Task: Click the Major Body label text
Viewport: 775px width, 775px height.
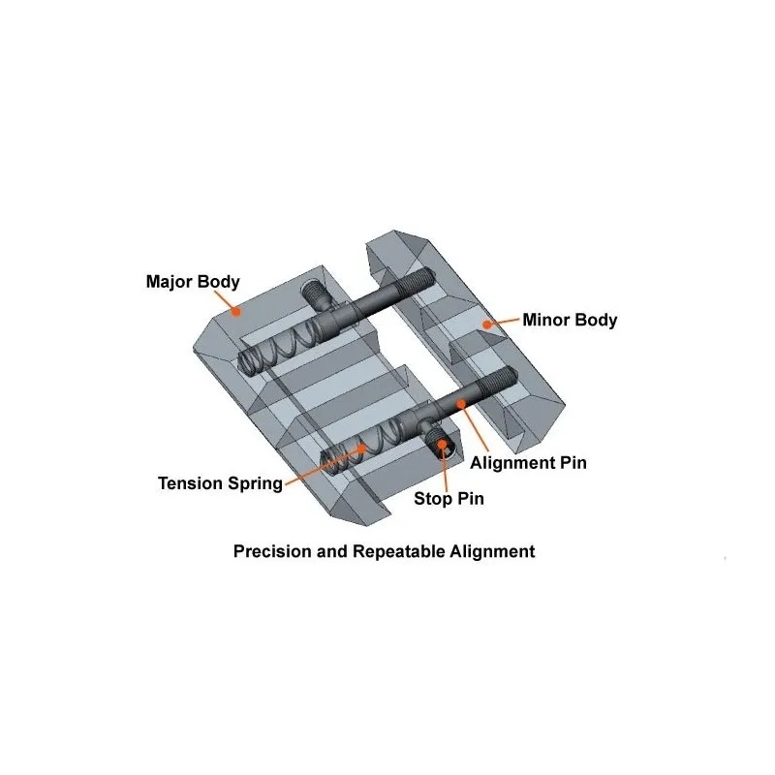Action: [x=193, y=282]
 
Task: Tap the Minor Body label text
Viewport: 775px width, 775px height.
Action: [x=570, y=320]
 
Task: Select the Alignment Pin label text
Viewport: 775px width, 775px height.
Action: [x=528, y=463]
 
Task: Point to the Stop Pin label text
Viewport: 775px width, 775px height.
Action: [x=449, y=499]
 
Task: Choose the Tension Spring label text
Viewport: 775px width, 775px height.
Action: [x=221, y=483]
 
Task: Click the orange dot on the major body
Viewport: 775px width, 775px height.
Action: [x=236, y=311]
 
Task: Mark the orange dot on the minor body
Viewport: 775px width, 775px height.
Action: [x=487, y=325]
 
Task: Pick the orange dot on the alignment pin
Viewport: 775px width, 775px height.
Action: [x=461, y=404]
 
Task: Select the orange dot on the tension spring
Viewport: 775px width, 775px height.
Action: [x=363, y=449]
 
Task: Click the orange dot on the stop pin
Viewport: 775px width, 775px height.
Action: [x=443, y=444]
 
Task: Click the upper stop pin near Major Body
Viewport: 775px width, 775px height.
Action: [x=315, y=295]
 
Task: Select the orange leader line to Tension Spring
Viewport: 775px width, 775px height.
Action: [x=324, y=466]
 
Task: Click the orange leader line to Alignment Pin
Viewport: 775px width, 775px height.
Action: [x=475, y=428]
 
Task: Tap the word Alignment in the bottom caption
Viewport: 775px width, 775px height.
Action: [x=492, y=551]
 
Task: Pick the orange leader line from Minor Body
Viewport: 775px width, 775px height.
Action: [x=504, y=322]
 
